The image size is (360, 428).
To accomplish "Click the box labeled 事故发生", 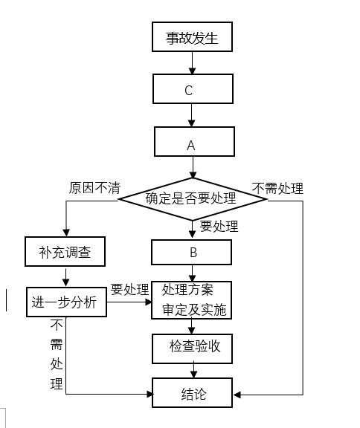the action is click(192, 37).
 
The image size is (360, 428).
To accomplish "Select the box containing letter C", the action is click(193, 88).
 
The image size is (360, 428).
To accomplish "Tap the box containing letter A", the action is click(194, 141).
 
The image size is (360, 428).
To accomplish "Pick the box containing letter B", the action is click(191, 252).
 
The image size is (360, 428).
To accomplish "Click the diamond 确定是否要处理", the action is click(193, 199).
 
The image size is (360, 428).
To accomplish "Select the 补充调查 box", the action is click(65, 251).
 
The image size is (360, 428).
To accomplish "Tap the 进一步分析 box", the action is click(66, 302).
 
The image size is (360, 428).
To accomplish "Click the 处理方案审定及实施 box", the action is click(191, 300).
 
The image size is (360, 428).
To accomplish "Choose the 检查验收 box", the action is click(192, 348).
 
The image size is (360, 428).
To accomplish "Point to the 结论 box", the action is click(192, 392).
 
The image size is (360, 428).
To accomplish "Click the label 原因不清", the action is click(94, 188).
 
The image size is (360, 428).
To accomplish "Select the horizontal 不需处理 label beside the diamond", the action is click(277, 188).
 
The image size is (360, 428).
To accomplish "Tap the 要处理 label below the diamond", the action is click(219, 227).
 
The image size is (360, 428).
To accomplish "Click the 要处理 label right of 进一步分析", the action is click(129, 289).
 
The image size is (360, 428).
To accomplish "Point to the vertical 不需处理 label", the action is click(57, 354).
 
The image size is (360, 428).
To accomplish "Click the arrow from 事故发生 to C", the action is click(193, 62).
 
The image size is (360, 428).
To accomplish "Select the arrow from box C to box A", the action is click(191, 115).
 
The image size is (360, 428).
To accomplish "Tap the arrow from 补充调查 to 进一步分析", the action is click(66, 277).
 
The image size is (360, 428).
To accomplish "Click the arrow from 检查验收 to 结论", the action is click(193, 369).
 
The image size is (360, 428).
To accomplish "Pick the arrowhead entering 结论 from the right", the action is click(237, 395).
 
